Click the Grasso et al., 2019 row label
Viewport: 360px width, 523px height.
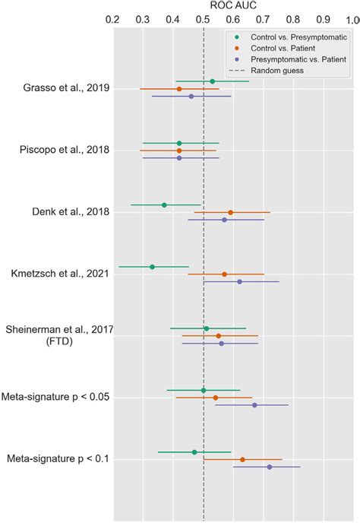(x=66, y=88)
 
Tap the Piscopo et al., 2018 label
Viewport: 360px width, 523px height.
(x=65, y=150)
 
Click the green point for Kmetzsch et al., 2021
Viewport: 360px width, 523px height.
(x=152, y=267)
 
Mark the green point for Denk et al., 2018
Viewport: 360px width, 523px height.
(x=164, y=205)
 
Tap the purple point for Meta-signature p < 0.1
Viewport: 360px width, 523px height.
(x=269, y=467)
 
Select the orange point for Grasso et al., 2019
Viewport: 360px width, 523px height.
(x=179, y=89)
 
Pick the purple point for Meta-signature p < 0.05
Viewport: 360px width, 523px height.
(x=254, y=405)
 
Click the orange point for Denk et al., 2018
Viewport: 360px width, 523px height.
(x=230, y=213)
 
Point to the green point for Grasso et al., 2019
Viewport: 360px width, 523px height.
(x=212, y=81)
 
